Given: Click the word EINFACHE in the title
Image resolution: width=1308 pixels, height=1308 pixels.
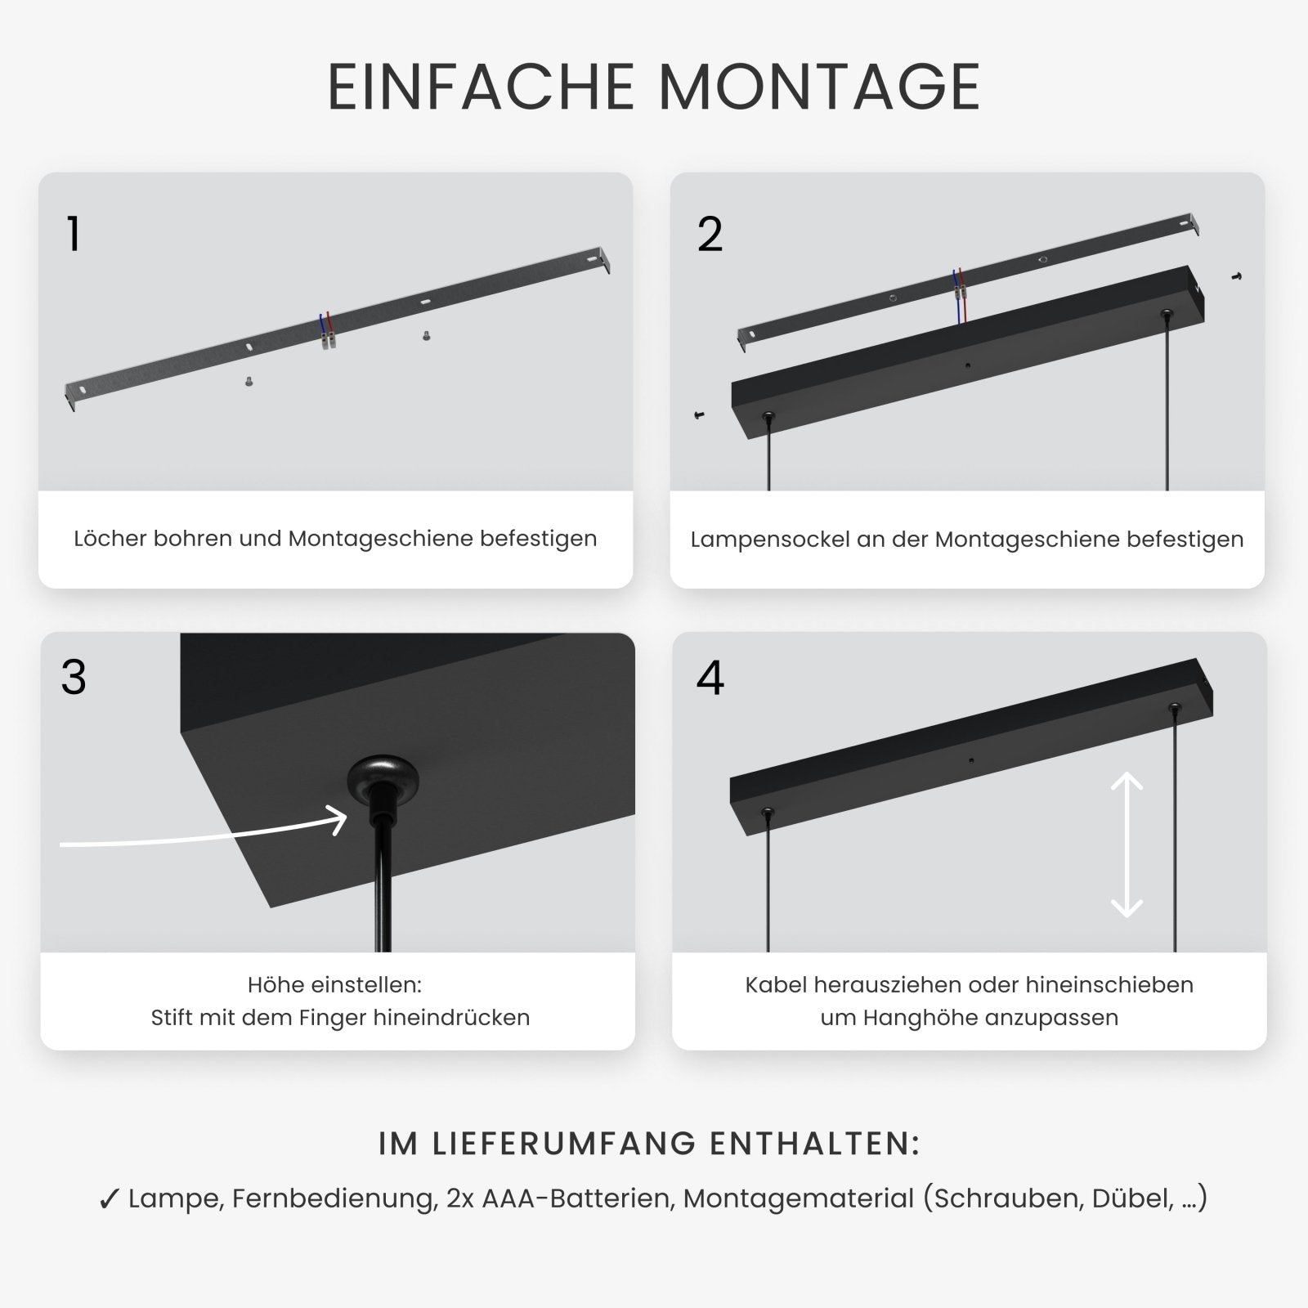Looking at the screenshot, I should click(482, 87).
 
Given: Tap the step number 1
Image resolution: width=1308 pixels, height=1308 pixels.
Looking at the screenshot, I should click(74, 235).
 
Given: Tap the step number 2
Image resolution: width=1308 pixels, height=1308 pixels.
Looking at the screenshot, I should click(710, 235).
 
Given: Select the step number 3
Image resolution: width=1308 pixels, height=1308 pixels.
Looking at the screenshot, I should click(74, 678).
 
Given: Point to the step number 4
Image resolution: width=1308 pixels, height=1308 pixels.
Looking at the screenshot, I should click(710, 678).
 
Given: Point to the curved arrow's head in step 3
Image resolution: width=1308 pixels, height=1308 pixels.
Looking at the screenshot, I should click(338, 819).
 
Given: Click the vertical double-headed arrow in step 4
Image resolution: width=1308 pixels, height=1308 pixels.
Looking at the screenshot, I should click(1127, 844).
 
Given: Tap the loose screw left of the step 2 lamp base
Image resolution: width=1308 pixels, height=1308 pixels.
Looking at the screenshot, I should click(699, 416).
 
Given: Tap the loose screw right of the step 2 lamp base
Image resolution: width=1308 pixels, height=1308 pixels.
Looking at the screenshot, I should click(1236, 277).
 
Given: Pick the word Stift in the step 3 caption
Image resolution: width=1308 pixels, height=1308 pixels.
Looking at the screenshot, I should click(168, 1018).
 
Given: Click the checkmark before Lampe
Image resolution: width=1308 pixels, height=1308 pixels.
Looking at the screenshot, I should click(109, 1200).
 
